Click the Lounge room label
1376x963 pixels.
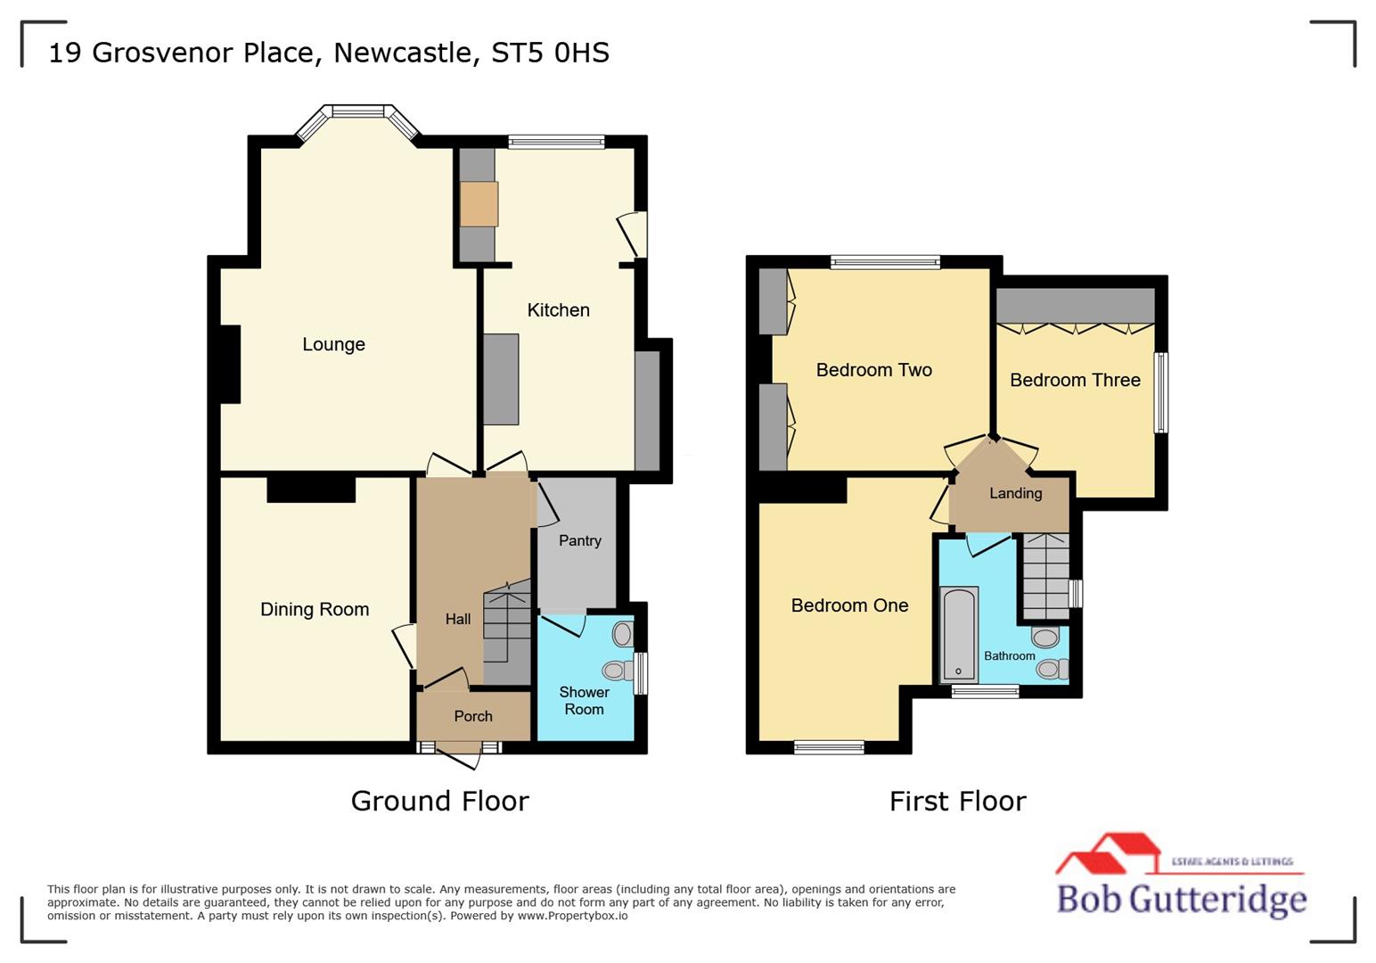coord(333,344)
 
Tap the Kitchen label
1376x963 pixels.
coord(558,310)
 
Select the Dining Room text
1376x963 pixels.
coord(315,609)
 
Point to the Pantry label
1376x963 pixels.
coord(579,540)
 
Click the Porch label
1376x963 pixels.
coord(472,716)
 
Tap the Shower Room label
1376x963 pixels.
coord(584,701)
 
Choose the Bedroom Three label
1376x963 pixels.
coord(1075,380)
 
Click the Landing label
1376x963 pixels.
coord(1015,493)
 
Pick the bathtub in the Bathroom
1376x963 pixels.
coord(959,633)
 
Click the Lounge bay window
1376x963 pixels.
coord(357,112)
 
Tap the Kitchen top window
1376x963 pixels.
coord(556,141)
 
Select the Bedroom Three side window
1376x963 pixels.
coord(1160,392)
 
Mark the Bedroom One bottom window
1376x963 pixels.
coord(829,747)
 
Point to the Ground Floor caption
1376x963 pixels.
coord(439,801)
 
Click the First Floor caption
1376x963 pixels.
coord(957,801)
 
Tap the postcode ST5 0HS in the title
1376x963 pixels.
coord(550,53)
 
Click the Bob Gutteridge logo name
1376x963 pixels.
coord(1181,898)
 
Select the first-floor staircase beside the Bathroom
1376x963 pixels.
coord(1045,576)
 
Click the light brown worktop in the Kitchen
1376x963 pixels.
coord(479,204)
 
